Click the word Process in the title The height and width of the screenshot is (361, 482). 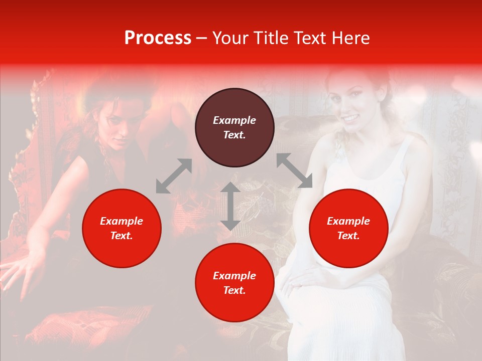158,38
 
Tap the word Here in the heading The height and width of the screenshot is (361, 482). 350,38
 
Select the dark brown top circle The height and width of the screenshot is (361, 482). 234,127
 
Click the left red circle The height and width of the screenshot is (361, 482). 122,228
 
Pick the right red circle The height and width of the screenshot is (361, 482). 348,228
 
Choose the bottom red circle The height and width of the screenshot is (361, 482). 234,282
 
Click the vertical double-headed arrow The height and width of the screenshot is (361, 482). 230,206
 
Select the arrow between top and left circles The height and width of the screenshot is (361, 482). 174,176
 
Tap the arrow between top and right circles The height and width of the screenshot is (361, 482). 294,170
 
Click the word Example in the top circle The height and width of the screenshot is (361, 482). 234,120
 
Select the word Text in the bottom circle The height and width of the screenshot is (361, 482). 234,290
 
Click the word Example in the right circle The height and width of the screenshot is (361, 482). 348,221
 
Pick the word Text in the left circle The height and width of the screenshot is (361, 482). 122,236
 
